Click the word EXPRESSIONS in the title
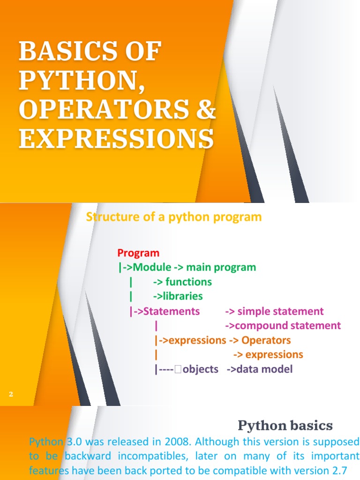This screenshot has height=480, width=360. (116, 139)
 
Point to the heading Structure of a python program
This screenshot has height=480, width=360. (174, 217)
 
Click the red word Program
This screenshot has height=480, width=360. (138, 253)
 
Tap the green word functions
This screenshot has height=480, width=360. (188, 282)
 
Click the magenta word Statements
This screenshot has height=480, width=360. (172, 311)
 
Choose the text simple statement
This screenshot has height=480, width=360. (280, 311)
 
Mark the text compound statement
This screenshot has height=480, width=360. (288, 326)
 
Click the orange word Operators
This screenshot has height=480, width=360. (266, 340)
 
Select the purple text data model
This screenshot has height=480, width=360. (264, 369)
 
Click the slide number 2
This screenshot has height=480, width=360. (10, 395)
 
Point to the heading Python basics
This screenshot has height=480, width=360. (285, 426)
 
